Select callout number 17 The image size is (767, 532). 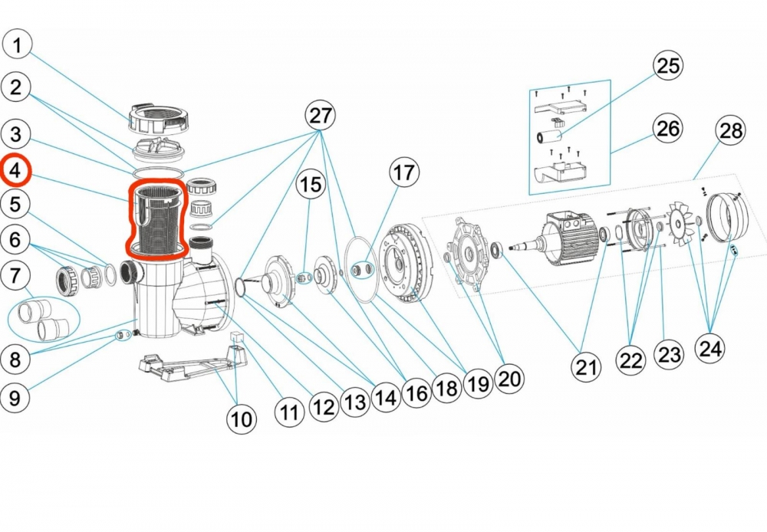pyautogui.click(x=405, y=174)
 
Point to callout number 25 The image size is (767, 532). pyautogui.click(x=667, y=66)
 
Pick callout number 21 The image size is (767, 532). pyautogui.click(x=587, y=369)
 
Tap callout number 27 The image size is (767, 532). pyautogui.click(x=321, y=117)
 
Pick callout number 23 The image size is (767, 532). pyautogui.click(x=669, y=356)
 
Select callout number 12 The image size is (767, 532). pyautogui.click(x=324, y=407)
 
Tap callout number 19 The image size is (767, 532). pyautogui.click(x=478, y=384)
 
